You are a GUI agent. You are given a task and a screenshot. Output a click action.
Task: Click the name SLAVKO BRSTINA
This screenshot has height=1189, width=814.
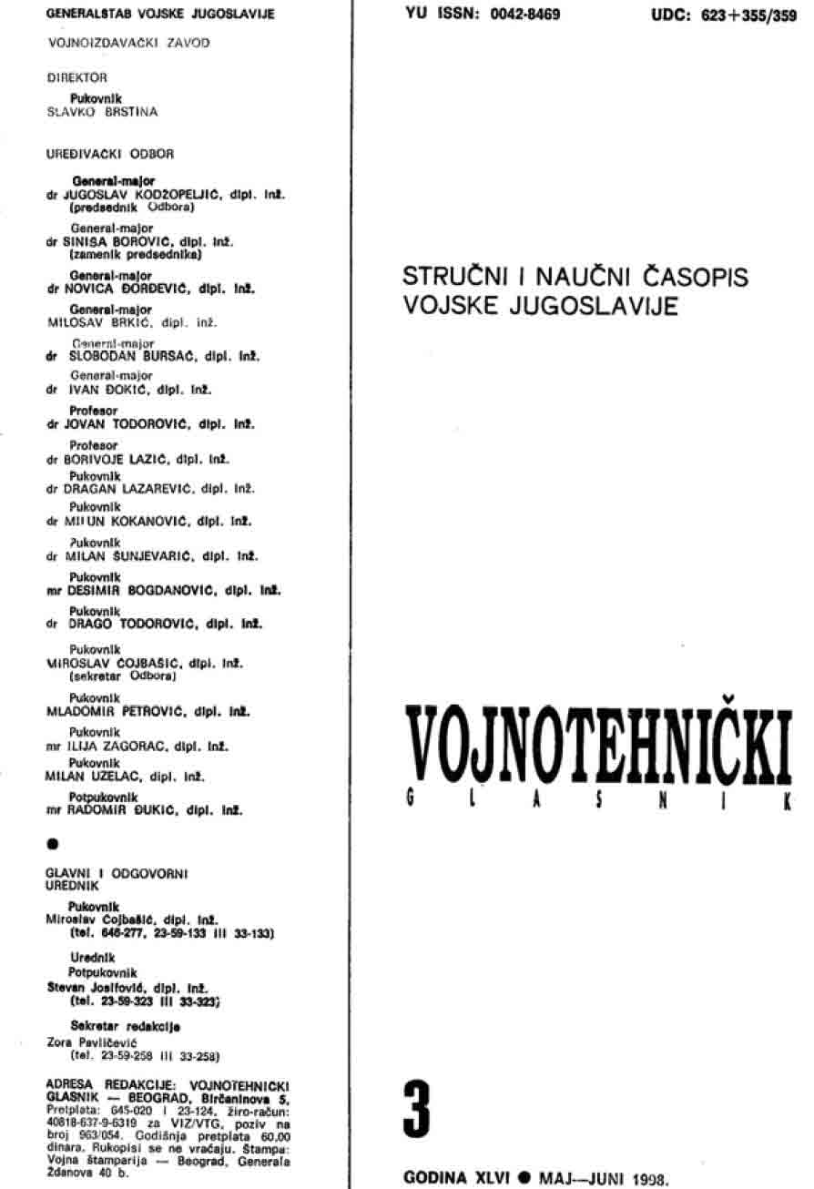[102, 112]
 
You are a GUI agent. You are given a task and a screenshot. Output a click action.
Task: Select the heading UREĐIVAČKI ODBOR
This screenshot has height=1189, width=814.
[97, 156]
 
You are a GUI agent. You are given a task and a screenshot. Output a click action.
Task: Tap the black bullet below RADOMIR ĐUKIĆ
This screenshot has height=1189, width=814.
[52, 844]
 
